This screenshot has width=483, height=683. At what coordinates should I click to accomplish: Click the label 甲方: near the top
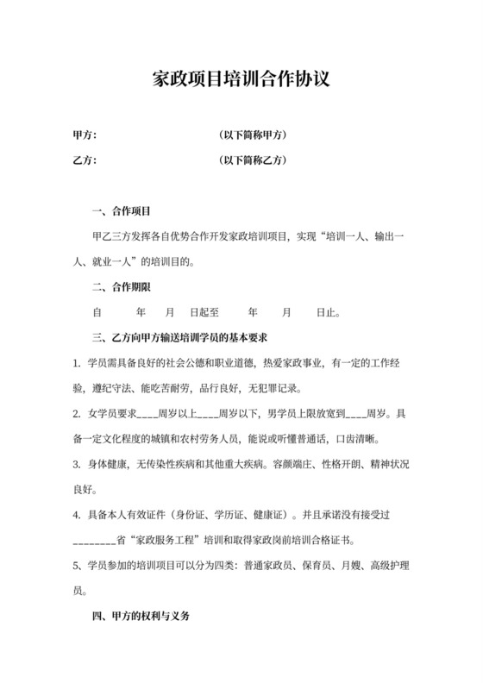[x=85, y=135]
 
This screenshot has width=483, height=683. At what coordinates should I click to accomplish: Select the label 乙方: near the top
[x=85, y=160]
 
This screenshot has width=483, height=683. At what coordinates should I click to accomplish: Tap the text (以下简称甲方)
[x=253, y=135]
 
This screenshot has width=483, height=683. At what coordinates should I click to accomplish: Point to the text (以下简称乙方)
[x=253, y=160]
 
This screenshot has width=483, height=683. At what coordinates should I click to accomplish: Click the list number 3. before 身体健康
[x=78, y=465]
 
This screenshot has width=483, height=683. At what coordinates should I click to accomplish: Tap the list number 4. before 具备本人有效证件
[x=78, y=516]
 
